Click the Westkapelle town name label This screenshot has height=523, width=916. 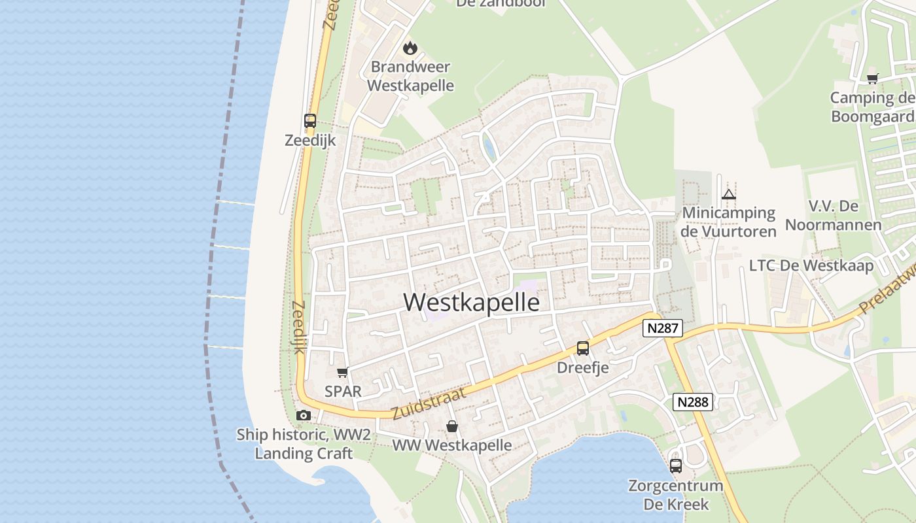pos(472,303)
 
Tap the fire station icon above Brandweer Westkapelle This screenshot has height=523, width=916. pos(410,48)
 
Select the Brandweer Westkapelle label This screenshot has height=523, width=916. pos(410,76)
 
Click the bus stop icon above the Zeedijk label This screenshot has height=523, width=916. pos(310,121)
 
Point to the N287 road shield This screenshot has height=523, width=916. pos(663,328)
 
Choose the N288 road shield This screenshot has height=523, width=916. pos(693,401)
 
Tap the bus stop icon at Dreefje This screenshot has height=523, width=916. pos(583,348)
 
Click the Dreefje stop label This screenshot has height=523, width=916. pos(583,367)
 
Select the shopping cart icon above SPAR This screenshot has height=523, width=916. pos(342,373)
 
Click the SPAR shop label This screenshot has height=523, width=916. pos(343,391)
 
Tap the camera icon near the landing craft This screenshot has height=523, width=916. pos(303,415)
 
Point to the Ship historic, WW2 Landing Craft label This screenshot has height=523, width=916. pos(304,444)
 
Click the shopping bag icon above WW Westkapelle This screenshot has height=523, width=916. pos(451,427)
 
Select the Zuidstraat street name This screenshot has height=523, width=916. pos(429,403)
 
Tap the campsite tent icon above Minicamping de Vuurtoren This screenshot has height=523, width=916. pos(728,194)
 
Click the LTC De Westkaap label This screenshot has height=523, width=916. pos(811,265)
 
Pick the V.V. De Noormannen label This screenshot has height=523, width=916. pos(834,216)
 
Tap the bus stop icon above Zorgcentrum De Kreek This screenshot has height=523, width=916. pos(676,466)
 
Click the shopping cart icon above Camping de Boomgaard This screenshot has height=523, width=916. pos(872,79)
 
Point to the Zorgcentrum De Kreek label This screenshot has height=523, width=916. pos(676,495)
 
